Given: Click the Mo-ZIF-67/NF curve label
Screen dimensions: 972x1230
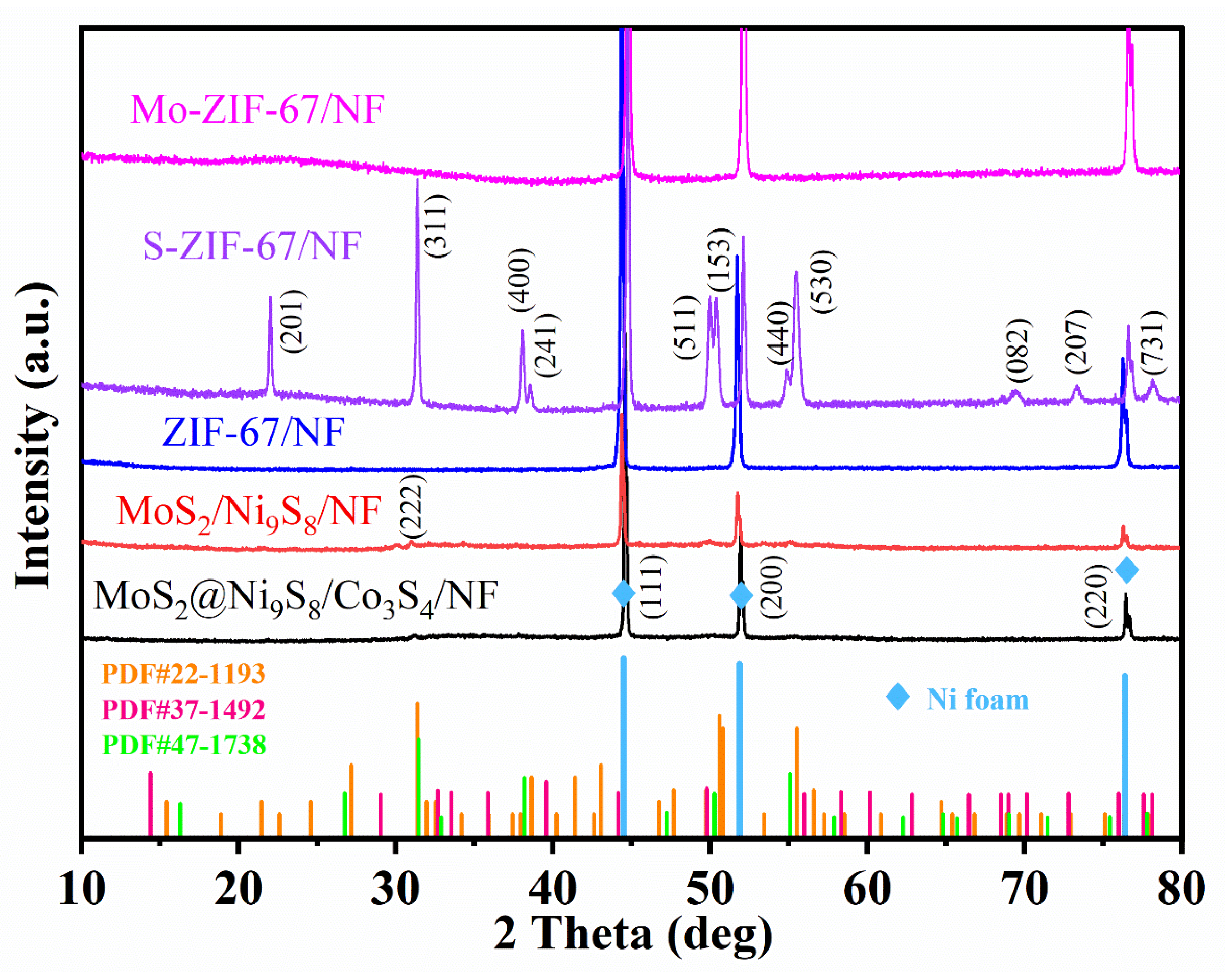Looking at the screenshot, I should point(257,109).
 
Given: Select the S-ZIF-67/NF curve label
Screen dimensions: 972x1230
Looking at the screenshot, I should point(252,246).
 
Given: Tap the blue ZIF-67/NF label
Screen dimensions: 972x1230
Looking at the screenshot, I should point(254,432).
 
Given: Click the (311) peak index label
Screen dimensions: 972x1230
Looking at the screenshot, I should point(437,226).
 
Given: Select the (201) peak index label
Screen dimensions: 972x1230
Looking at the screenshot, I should point(293,321).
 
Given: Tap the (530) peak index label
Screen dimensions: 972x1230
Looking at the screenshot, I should point(822,282).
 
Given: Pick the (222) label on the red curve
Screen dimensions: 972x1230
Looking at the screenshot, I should point(411,506).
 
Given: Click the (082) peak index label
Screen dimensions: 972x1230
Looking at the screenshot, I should point(1018,351).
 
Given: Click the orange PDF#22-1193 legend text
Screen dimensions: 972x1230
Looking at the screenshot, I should point(183,674).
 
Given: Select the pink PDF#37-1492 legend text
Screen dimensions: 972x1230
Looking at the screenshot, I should point(183,710).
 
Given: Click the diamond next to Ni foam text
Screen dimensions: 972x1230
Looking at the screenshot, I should point(898,697).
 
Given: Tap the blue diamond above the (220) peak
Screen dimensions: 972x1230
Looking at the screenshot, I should point(1127,570).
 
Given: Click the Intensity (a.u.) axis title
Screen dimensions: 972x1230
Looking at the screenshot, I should point(35,435).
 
